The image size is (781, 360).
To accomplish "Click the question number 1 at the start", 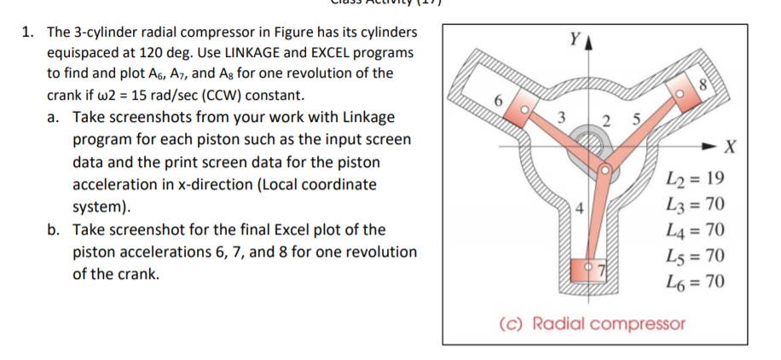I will (x=26, y=32).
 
